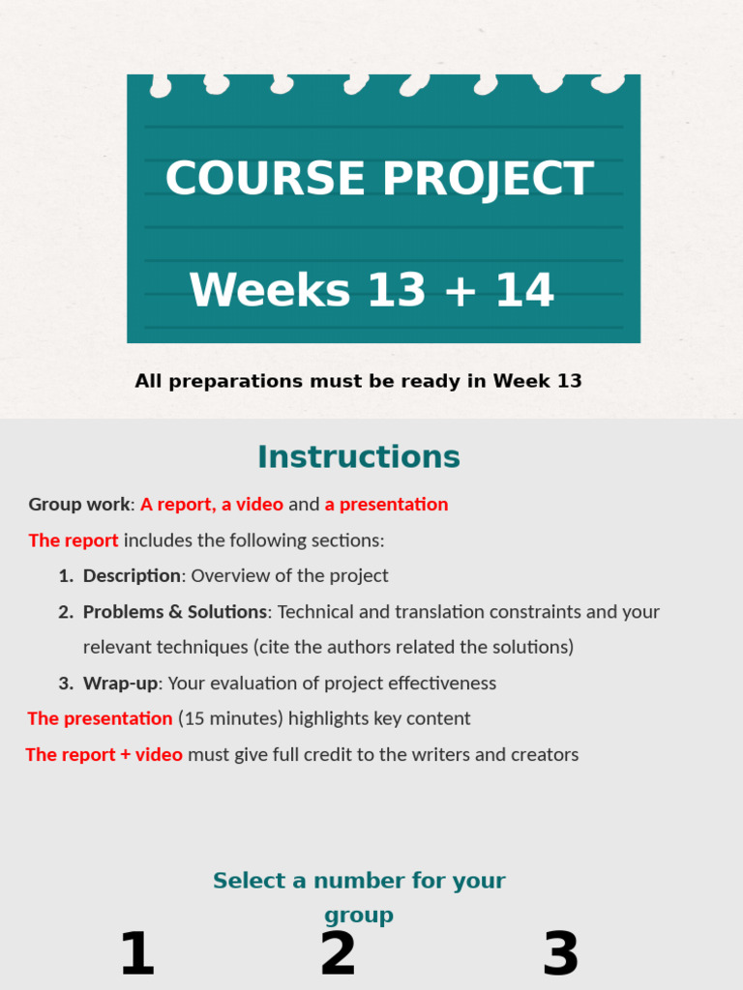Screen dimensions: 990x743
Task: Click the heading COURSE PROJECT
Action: coord(378,179)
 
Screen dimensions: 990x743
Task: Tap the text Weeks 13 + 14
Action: coord(372,291)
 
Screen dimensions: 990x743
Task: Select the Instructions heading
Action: coord(359,456)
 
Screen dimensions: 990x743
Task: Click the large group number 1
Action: coord(136,954)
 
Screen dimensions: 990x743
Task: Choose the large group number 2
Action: coord(338,954)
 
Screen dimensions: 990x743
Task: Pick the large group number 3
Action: coord(561,954)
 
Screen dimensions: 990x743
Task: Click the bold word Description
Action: coord(132,576)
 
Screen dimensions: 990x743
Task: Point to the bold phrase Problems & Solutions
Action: coord(174,612)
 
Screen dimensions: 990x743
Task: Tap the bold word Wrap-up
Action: coord(120,684)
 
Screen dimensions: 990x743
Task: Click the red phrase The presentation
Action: coord(100,718)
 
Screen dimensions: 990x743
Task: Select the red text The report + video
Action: coord(104,755)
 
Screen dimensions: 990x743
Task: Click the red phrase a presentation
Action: coord(386,505)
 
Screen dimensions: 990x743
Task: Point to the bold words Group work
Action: coord(78,505)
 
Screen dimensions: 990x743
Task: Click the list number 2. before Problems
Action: coord(66,612)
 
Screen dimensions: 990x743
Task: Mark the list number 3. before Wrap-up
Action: coord(66,684)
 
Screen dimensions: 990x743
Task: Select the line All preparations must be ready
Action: coord(359,381)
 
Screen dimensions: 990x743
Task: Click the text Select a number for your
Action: coord(359,881)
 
